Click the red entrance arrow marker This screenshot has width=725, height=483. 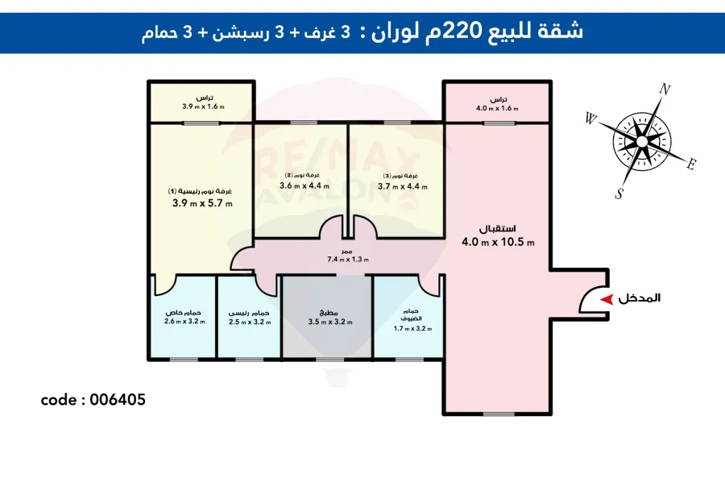tap(606, 298)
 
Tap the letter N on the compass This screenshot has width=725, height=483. tap(665, 90)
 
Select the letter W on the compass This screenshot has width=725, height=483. tap(590, 120)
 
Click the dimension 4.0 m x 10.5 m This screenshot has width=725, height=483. tap(499, 242)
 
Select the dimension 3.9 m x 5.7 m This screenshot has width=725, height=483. tap(202, 203)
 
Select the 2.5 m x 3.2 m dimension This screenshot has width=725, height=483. tap(250, 322)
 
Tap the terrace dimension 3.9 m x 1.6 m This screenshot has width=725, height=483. tap(202, 106)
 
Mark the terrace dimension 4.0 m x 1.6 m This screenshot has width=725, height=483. tap(497, 107)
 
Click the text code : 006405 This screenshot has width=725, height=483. tap(93, 399)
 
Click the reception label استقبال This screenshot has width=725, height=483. tap(499, 227)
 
